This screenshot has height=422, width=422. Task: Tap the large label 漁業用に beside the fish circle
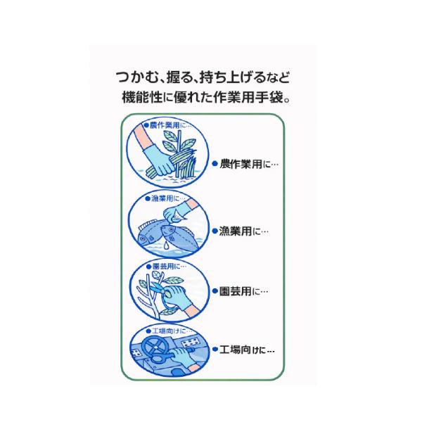244,230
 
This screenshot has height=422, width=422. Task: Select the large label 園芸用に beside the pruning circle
244,290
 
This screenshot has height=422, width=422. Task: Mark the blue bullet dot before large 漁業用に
216,230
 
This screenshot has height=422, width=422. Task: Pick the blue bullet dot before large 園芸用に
216,290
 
